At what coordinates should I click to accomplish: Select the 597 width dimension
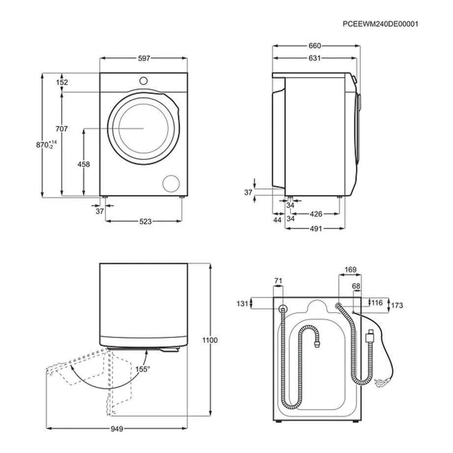[143, 58]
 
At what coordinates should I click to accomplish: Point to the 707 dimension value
[61, 129]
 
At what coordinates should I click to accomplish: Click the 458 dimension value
[84, 165]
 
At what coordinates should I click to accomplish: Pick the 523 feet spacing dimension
[144, 222]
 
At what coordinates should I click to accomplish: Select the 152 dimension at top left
[62, 83]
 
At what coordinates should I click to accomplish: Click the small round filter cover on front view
[172, 183]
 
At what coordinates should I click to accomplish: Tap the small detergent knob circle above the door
[143, 80]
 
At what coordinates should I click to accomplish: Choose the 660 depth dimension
[314, 46]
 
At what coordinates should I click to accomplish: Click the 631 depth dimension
[314, 58]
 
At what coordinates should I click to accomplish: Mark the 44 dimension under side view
[278, 220]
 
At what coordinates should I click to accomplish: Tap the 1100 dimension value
[210, 340]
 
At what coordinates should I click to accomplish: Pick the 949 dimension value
[116, 429]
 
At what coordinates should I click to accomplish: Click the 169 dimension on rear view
[350, 269]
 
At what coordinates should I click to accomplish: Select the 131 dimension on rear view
[242, 304]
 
